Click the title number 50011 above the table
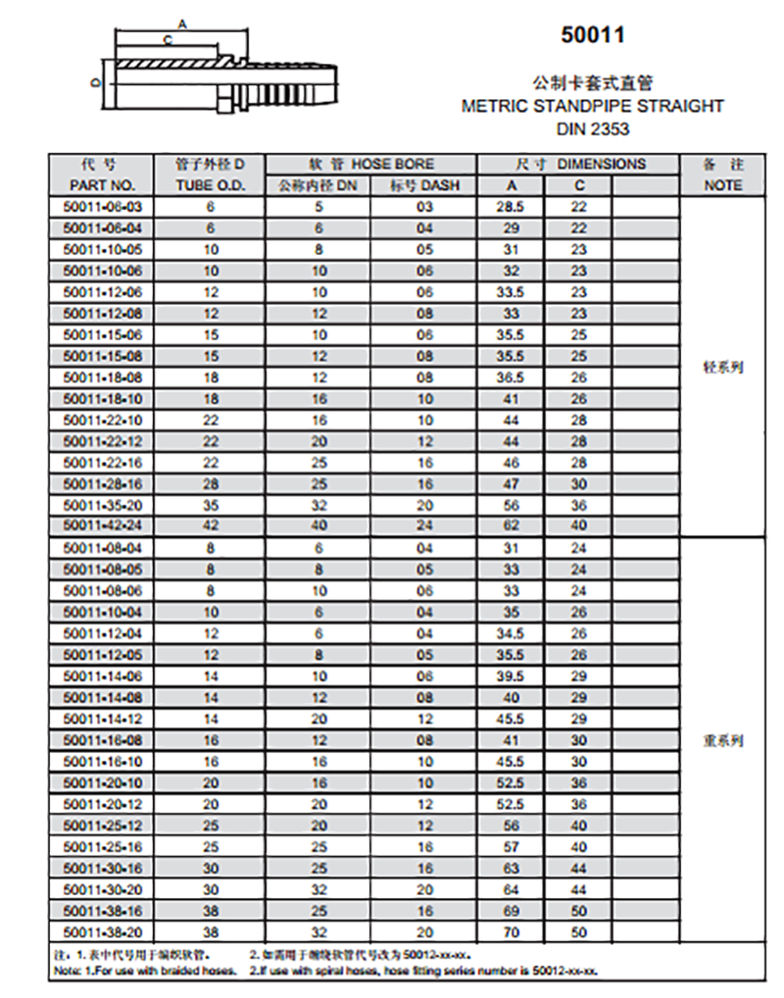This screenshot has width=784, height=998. pyautogui.click(x=592, y=36)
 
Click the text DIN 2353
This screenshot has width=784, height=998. pyautogui.click(x=592, y=128)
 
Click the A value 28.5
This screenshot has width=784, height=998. pyautogui.click(x=510, y=206)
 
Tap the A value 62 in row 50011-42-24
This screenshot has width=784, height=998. pyautogui.click(x=510, y=524)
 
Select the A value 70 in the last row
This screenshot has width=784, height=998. pyautogui.click(x=510, y=931)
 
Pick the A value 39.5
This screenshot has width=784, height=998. pyautogui.click(x=510, y=675)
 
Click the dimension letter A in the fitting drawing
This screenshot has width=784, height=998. pyautogui.click(x=182, y=22)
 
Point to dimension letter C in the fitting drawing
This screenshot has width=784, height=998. pyautogui.click(x=168, y=39)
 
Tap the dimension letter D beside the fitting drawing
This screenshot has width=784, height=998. pyautogui.click(x=95, y=82)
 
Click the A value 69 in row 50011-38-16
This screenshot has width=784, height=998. pyautogui.click(x=510, y=910)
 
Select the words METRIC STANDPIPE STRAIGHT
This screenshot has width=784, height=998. pyautogui.click(x=592, y=106)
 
